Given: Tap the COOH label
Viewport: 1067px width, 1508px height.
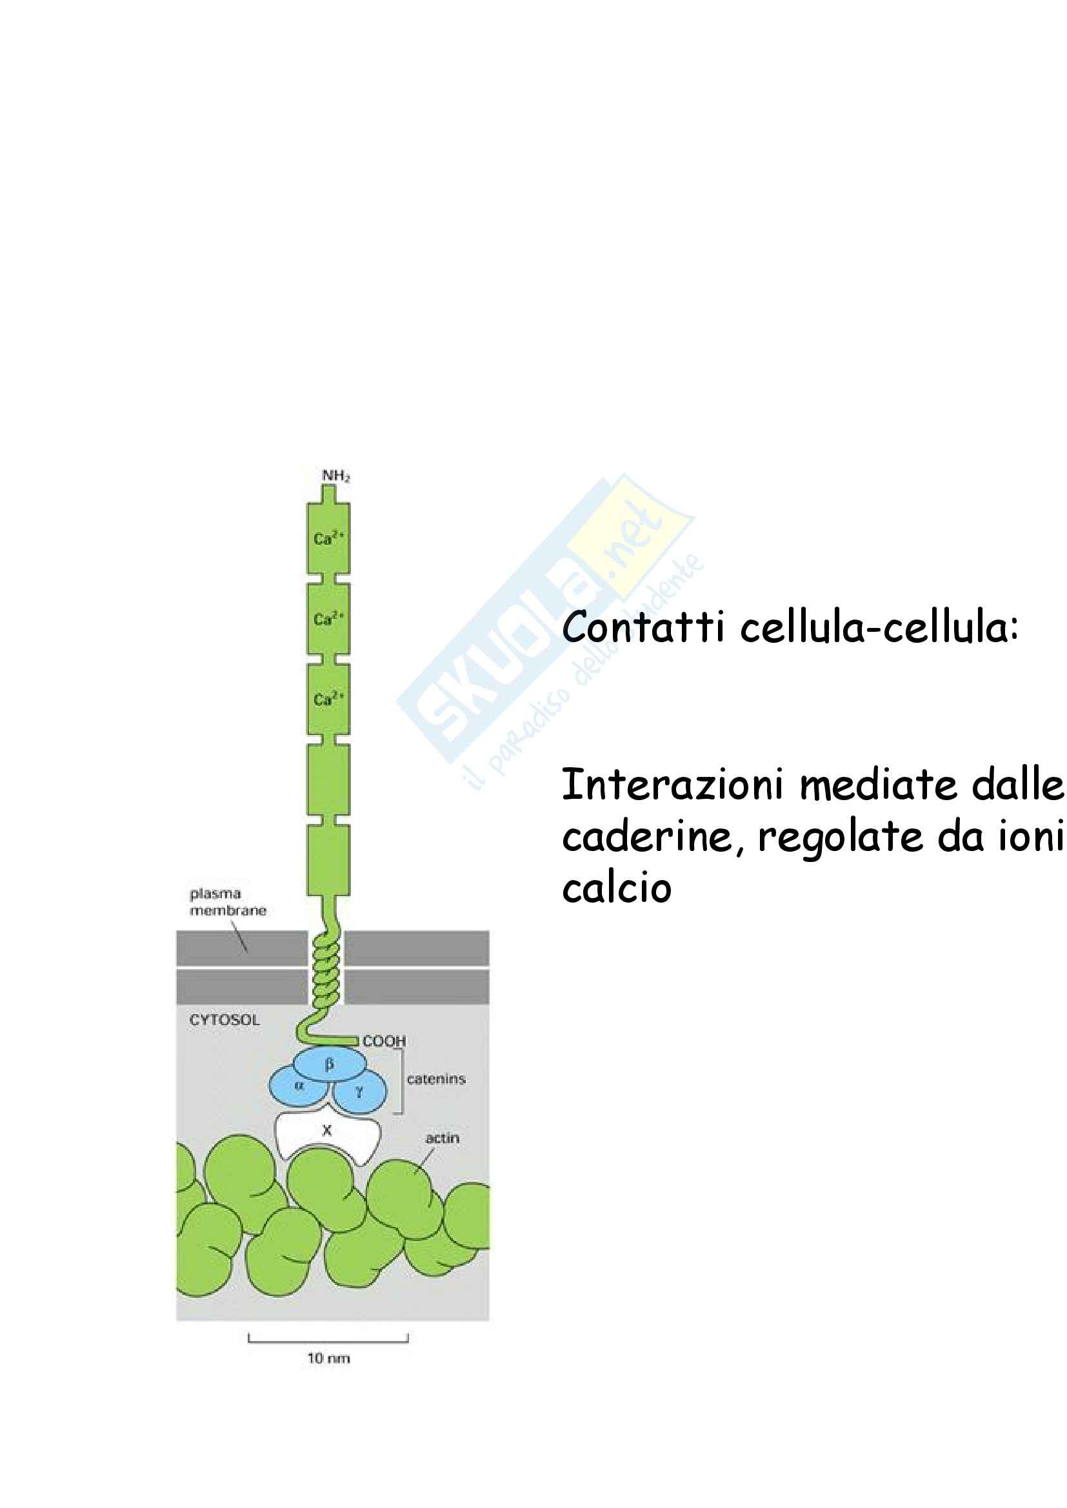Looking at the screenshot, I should [x=384, y=1041].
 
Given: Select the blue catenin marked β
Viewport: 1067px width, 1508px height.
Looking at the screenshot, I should [x=329, y=1064].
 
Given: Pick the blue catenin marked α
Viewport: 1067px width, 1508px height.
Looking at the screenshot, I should [x=299, y=1086].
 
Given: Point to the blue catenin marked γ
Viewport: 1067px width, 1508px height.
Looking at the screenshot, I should [x=359, y=1093].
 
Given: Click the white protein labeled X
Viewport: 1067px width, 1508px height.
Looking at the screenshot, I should [x=326, y=1130].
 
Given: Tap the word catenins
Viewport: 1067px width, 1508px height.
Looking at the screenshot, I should [x=436, y=1079].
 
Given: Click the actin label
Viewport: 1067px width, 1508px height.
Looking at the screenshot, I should [x=442, y=1137].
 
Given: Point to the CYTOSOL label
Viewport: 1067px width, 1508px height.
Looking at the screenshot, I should [x=224, y=1020].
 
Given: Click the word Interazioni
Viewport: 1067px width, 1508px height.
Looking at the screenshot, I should [x=673, y=785].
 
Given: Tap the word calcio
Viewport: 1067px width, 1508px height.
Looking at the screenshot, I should [x=616, y=888].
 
